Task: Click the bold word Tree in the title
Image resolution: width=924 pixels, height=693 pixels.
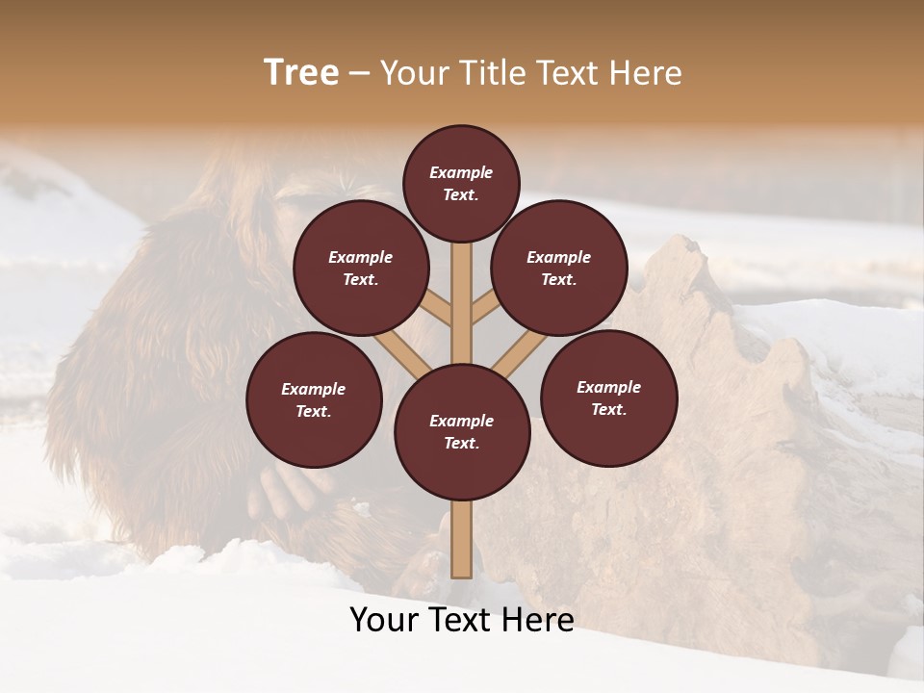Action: click(x=301, y=73)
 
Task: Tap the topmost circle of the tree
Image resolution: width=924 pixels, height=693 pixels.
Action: click(x=461, y=183)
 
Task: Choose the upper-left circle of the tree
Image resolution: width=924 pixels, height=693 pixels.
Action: click(x=361, y=268)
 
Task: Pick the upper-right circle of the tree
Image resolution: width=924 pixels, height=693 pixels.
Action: click(x=559, y=268)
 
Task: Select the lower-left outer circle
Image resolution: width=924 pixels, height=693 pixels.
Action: click(x=314, y=399)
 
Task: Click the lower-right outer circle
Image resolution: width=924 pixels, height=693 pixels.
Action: click(x=608, y=398)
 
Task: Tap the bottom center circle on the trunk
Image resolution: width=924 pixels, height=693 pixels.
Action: click(x=462, y=432)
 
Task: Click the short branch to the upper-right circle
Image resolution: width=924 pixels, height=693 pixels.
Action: click(x=486, y=309)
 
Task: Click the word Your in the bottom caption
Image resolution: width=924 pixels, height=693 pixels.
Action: click(x=385, y=620)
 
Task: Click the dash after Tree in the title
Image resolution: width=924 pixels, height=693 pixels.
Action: click(x=359, y=74)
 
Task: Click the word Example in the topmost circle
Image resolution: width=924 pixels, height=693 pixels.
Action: click(x=461, y=172)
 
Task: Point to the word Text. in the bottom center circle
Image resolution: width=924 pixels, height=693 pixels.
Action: click(x=461, y=444)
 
